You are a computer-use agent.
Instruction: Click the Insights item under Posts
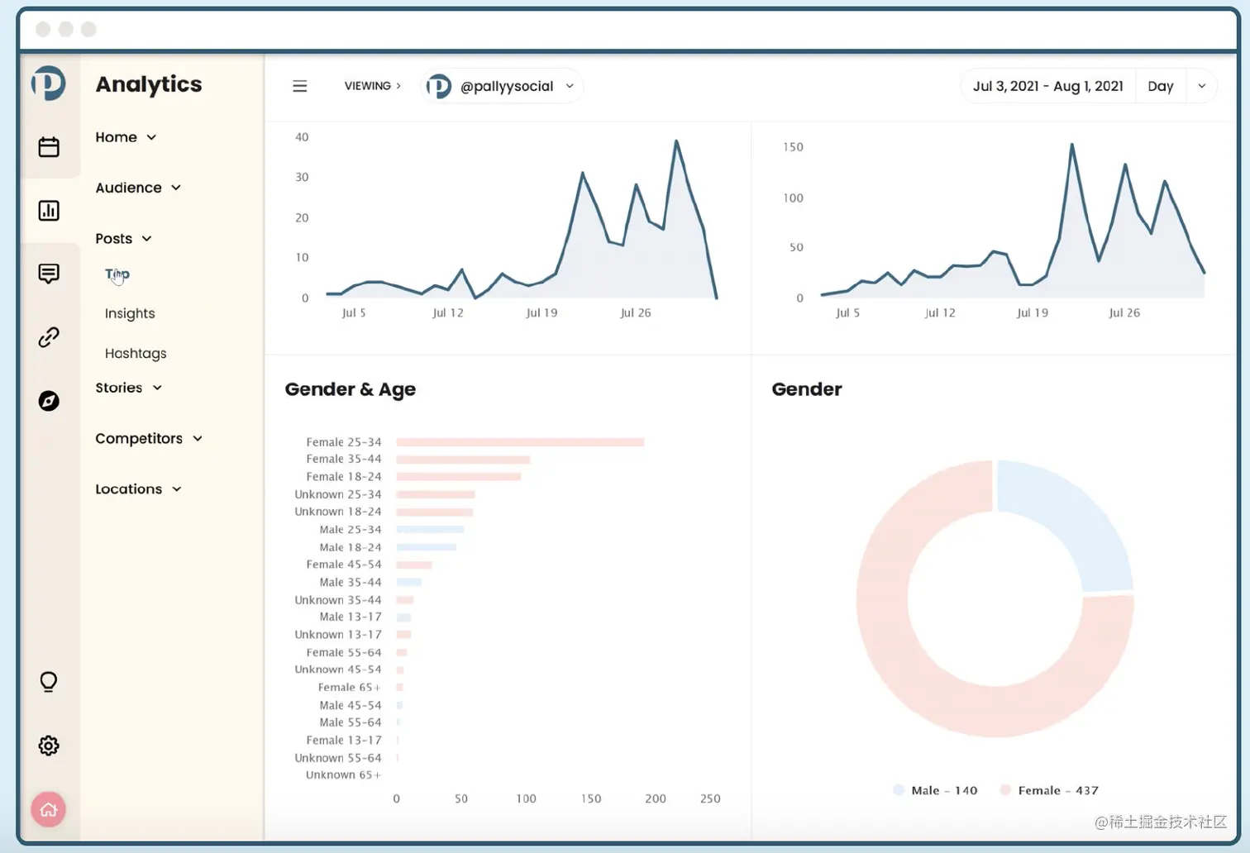tap(130, 313)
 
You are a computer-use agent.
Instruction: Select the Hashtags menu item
tap(136, 353)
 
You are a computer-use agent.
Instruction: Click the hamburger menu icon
tap(300, 86)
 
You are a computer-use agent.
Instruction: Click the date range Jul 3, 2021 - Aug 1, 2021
tap(1047, 86)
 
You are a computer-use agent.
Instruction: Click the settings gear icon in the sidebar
tap(49, 746)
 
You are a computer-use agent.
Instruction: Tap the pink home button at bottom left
tap(49, 809)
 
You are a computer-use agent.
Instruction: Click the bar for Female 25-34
tap(519, 442)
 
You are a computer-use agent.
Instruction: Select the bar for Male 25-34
tap(430, 529)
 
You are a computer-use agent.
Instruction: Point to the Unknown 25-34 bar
tap(435, 494)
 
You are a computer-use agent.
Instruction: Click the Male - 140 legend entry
tap(936, 790)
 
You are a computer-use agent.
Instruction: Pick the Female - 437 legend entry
tap(1050, 790)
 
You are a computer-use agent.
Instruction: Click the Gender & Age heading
tap(350, 389)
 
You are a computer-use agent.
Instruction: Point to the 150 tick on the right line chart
tap(793, 147)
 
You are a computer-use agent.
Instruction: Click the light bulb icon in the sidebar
tap(49, 682)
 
